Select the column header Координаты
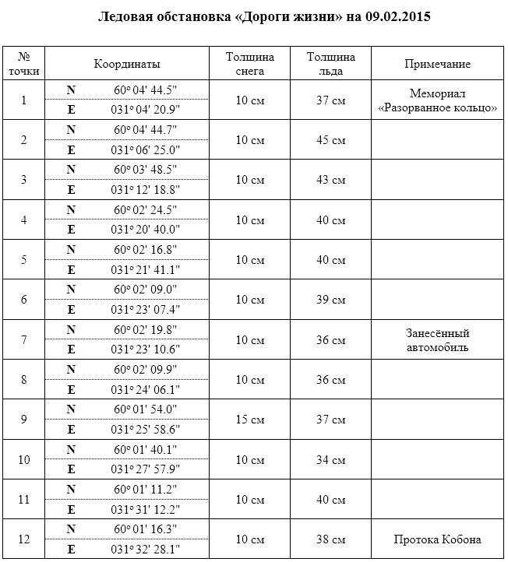click(127, 64)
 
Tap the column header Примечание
click(437, 64)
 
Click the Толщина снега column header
click(249, 64)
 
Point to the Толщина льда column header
click(331, 64)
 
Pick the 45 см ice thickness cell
click(331, 140)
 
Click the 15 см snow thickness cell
click(249, 420)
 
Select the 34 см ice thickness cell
click(331, 460)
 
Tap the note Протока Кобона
click(437, 539)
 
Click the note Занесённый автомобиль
click(437, 340)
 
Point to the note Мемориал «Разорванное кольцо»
click(437, 100)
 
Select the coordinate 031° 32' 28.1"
click(146, 550)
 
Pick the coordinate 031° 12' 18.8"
click(146, 189)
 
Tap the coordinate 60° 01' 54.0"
click(146, 409)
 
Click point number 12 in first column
click(24, 539)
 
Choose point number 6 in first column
click(24, 300)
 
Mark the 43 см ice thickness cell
click(331, 180)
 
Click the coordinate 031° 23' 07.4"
click(146, 309)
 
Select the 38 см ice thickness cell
click(331, 539)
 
